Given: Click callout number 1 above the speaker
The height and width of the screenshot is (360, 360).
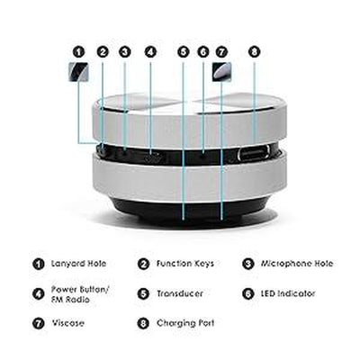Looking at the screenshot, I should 78,52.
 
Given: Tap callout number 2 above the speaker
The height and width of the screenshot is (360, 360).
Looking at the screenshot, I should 103,52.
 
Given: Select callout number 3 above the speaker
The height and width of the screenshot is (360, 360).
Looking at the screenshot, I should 124,52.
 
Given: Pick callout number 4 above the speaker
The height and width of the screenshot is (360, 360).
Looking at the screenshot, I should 150,52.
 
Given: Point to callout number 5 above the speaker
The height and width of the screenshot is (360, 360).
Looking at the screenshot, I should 184,52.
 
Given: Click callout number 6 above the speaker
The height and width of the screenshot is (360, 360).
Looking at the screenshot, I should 203,52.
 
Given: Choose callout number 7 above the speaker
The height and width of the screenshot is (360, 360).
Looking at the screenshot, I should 221,52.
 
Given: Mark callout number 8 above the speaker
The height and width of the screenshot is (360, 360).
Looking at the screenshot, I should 254,52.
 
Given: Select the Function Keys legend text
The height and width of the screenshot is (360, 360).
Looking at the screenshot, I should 185,264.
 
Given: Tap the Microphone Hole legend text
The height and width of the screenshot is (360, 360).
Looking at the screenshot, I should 297,264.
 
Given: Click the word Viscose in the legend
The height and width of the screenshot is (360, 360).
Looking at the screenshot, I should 71,321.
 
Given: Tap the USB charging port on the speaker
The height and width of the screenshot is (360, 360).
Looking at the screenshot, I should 253,153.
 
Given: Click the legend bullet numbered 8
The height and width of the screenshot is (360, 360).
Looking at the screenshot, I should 142,321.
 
